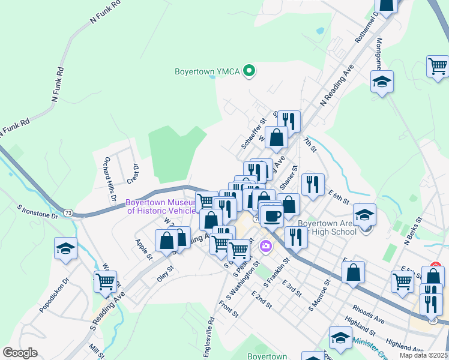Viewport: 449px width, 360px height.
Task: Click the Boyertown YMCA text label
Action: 207,71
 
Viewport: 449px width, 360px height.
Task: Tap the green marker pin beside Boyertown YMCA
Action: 249,71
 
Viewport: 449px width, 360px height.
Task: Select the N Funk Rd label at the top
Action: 106,11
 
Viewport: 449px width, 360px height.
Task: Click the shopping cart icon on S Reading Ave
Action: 106,281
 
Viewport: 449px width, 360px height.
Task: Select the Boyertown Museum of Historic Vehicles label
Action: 161,206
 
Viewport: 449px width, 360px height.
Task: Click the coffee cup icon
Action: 272,215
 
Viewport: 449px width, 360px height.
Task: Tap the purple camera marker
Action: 265,246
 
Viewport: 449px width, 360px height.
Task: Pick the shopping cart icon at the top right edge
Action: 438,66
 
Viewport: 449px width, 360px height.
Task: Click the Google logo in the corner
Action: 19,353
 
